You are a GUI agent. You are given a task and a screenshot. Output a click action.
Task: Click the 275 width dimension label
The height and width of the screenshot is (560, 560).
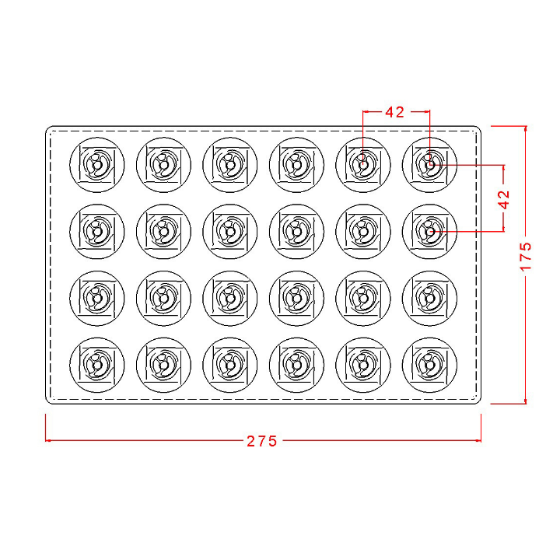tap(262, 442)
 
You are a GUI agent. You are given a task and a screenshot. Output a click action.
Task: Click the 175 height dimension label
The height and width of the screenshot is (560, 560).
tap(526, 257)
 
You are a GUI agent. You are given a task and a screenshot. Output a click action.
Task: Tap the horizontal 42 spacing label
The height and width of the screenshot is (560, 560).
tap(394, 112)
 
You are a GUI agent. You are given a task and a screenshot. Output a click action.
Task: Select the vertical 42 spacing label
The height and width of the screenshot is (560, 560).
tap(504, 199)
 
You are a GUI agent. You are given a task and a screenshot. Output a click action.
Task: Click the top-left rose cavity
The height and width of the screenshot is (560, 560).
tap(97, 165)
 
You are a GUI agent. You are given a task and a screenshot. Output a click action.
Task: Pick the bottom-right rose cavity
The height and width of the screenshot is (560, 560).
tap(429, 365)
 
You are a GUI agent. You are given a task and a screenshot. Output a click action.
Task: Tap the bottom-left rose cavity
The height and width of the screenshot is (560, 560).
tap(97, 365)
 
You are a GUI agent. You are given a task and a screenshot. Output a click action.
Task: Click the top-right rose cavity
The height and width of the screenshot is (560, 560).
tap(429, 165)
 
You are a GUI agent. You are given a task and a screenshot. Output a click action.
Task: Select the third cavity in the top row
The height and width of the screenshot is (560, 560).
tap(230, 165)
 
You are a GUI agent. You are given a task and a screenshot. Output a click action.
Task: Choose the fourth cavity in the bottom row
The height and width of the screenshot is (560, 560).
tap(297, 365)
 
